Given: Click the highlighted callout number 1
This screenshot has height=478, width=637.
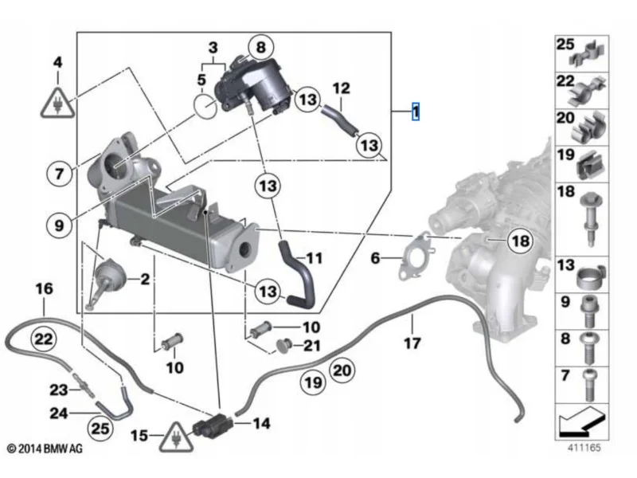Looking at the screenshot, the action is (x=415, y=111).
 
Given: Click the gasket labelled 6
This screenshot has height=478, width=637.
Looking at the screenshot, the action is (x=416, y=257).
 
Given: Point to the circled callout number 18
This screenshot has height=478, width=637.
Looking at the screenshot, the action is (x=521, y=241).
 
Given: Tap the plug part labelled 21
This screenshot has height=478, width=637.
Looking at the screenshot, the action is (x=284, y=344).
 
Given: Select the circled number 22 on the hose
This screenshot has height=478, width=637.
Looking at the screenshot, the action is (x=44, y=339).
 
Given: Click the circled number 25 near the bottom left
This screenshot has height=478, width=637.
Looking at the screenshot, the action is (x=100, y=429).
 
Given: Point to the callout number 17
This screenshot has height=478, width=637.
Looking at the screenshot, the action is (x=412, y=343).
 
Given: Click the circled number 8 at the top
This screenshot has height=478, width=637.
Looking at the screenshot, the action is (x=261, y=47).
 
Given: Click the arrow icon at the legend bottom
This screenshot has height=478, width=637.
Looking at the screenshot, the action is (x=582, y=421).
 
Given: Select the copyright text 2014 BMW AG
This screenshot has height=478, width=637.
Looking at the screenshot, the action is (x=45, y=449).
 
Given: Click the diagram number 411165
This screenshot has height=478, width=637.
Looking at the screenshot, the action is (x=584, y=448).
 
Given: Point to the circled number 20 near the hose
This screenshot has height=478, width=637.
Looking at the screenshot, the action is (x=342, y=370).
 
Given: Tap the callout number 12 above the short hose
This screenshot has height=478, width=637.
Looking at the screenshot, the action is (x=341, y=88).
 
